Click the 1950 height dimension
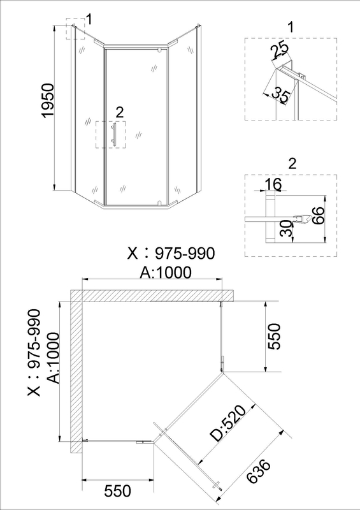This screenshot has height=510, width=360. tap(48, 101)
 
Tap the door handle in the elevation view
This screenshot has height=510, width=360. tap(113, 133)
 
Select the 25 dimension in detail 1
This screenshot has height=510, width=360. tap(280, 49)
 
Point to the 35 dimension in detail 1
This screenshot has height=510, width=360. tap(281, 95)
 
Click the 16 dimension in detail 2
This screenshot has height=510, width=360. tap(273, 184)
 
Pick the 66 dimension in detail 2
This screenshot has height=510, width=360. tap(318, 215)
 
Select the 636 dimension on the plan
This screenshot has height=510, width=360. tap(259, 471)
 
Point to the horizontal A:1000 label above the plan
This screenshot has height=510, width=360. tap(166, 273)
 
